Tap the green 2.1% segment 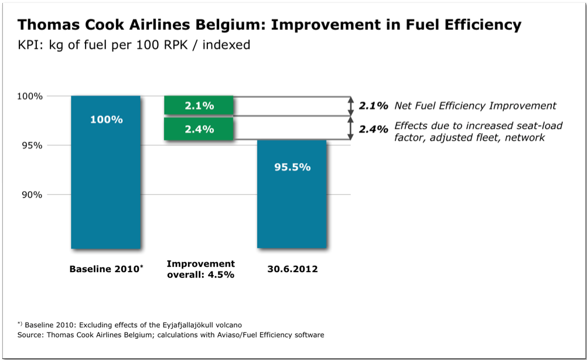(x=199, y=106)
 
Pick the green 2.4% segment (x=199, y=130)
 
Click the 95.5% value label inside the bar (x=292, y=167)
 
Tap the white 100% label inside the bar (x=106, y=120)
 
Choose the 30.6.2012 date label (x=292, y=269)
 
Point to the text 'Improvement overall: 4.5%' (x=200, y=269)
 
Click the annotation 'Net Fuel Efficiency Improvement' (x=475, y=106)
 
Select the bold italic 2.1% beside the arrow (x=373, y=106)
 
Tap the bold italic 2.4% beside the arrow (x=373, y=130)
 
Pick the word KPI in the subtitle (x=30, y=45)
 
